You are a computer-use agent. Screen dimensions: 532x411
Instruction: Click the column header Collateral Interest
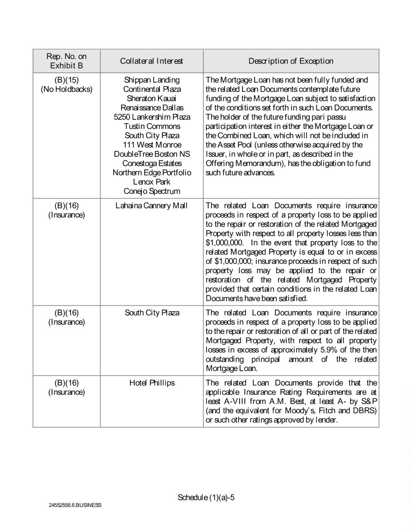pyautogui.click(x=151, y=61)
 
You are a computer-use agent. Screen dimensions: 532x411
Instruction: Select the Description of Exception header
pyautogui.click(x=290, y=61)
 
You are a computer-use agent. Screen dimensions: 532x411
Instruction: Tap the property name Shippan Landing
pyautogui.click(x=151, y=80)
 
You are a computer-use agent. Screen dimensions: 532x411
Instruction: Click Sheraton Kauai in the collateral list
pyautogui.click(x=151, y=99)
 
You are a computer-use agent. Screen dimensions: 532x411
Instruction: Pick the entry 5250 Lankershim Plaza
pyautogui.click(x=151, y=117)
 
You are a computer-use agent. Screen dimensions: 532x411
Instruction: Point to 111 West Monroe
pyautogui.click(x=151, y=144)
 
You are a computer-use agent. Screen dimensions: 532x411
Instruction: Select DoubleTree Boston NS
pyautogui.click(x=151, y=154)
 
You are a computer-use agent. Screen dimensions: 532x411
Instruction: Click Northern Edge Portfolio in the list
pyautogui.click(x=151, y=172)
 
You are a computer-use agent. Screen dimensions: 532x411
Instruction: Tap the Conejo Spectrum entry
pyautogui.click(x=151, y=191)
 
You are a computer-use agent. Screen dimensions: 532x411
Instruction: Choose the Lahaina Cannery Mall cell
pyautogui.click(x=151, y=206)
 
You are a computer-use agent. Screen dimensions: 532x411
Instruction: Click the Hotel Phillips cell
pyautogui.click(x=151, y=383)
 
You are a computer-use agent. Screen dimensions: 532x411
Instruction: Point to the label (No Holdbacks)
pyautogui.click(x=67, y=89)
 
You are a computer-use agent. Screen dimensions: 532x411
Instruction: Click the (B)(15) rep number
pyautogui.click(x=67, y=80)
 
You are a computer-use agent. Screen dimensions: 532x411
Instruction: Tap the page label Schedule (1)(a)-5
pyautogui.click(x=206, y=497)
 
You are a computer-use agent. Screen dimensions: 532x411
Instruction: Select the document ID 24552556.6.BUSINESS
pyautogui.click(x=76, y=505)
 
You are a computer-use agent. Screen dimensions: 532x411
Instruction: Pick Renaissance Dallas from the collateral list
pyautogui.click(x=151, y=108)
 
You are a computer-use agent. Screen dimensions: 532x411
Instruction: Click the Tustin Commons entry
pyautogui.click(x=151, y=126)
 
